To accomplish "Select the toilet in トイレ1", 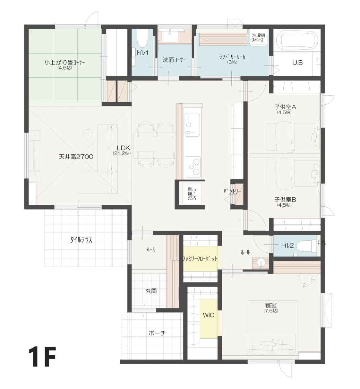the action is [142, 39].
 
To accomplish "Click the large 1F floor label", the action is [42, 356].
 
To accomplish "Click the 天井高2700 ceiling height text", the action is [76, 157].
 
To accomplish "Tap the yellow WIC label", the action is [209, 315].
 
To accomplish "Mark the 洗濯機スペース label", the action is [259, 38].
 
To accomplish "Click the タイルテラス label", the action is [81, 240].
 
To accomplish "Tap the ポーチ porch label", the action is [157, 333].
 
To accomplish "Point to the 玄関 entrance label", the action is [151, 291].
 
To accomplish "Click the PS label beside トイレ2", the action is [321, 243].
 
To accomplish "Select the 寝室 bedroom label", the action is [271, 305].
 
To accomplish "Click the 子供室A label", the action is [285, 107].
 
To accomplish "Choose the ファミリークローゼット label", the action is [200, 259].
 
